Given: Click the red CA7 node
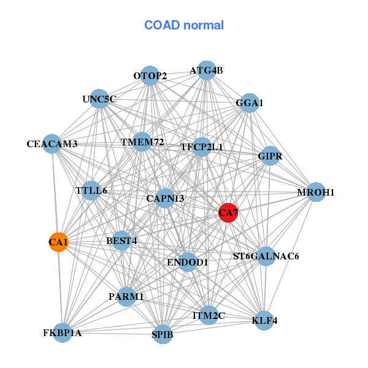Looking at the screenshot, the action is [x=228, y=213].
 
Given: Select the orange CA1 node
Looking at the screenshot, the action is [x=58, y=242].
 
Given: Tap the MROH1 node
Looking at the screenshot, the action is [x=316, y=192].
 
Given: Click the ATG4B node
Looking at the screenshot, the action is [x=206, y=71].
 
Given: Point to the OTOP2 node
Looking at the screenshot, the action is [x=150, y=75].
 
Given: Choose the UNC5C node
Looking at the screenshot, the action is [x=99, y=99].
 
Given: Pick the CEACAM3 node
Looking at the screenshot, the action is [x=52, y=144].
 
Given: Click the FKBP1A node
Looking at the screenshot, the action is [x=62, y=333].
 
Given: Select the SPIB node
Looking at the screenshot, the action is [x=163, y=334].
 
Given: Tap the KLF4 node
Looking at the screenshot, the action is [x=264, y=321].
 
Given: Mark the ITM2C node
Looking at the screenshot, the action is [x=209, y=315].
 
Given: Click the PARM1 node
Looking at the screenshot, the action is [x=126, y=297].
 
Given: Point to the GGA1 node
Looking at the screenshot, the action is [x=249, y=103].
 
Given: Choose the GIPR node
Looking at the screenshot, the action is [x=270, y=156].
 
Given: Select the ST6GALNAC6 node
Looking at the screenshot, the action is [x=266, y=256].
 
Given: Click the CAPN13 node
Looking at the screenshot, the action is [x=165, y=198].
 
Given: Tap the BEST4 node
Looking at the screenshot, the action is [x=121, y=241].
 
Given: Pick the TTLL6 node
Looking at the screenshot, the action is [x=91, y=190].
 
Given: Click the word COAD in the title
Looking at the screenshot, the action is [x=162, y=25].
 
